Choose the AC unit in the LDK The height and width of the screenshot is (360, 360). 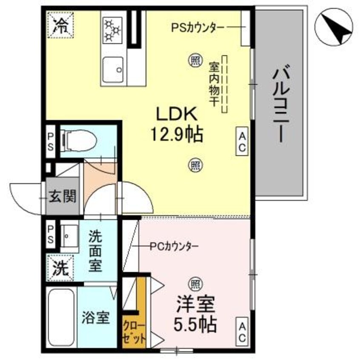242,142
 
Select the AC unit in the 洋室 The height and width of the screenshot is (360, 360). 242,332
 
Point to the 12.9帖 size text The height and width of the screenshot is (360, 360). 175,135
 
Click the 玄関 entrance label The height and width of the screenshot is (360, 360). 62,197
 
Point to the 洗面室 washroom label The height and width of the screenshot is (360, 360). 95,251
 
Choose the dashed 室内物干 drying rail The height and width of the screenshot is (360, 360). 224,84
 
